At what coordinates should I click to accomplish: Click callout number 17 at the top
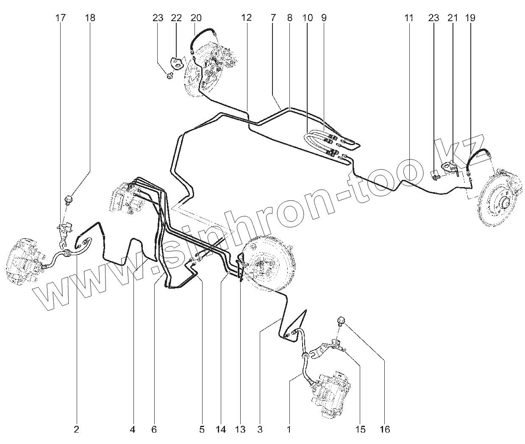(x=61, y=18)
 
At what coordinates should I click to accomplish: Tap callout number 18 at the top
(x=90, y=18)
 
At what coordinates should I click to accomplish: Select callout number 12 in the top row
(x=247, y=18)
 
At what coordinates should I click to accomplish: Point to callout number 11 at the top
(x=408, y=18)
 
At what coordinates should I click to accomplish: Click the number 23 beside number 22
(x=158, y=18)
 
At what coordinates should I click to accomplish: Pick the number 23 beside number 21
(x=433, y=18)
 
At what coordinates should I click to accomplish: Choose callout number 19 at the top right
(x=470, y=18)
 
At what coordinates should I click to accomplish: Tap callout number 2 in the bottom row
(x=76, y=430)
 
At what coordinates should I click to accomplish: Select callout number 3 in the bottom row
(x=259, y=430)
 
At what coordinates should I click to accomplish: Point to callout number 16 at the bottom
(x=384, y=430)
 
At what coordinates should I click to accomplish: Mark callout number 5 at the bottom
(x=202, y=430)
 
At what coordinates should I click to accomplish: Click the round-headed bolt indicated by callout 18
(x=68, y=199)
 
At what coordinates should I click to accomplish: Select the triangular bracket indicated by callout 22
(x=177, y=63)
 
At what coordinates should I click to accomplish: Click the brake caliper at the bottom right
(x=332, y=392)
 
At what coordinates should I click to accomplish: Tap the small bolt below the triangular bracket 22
(x=169, y=76)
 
